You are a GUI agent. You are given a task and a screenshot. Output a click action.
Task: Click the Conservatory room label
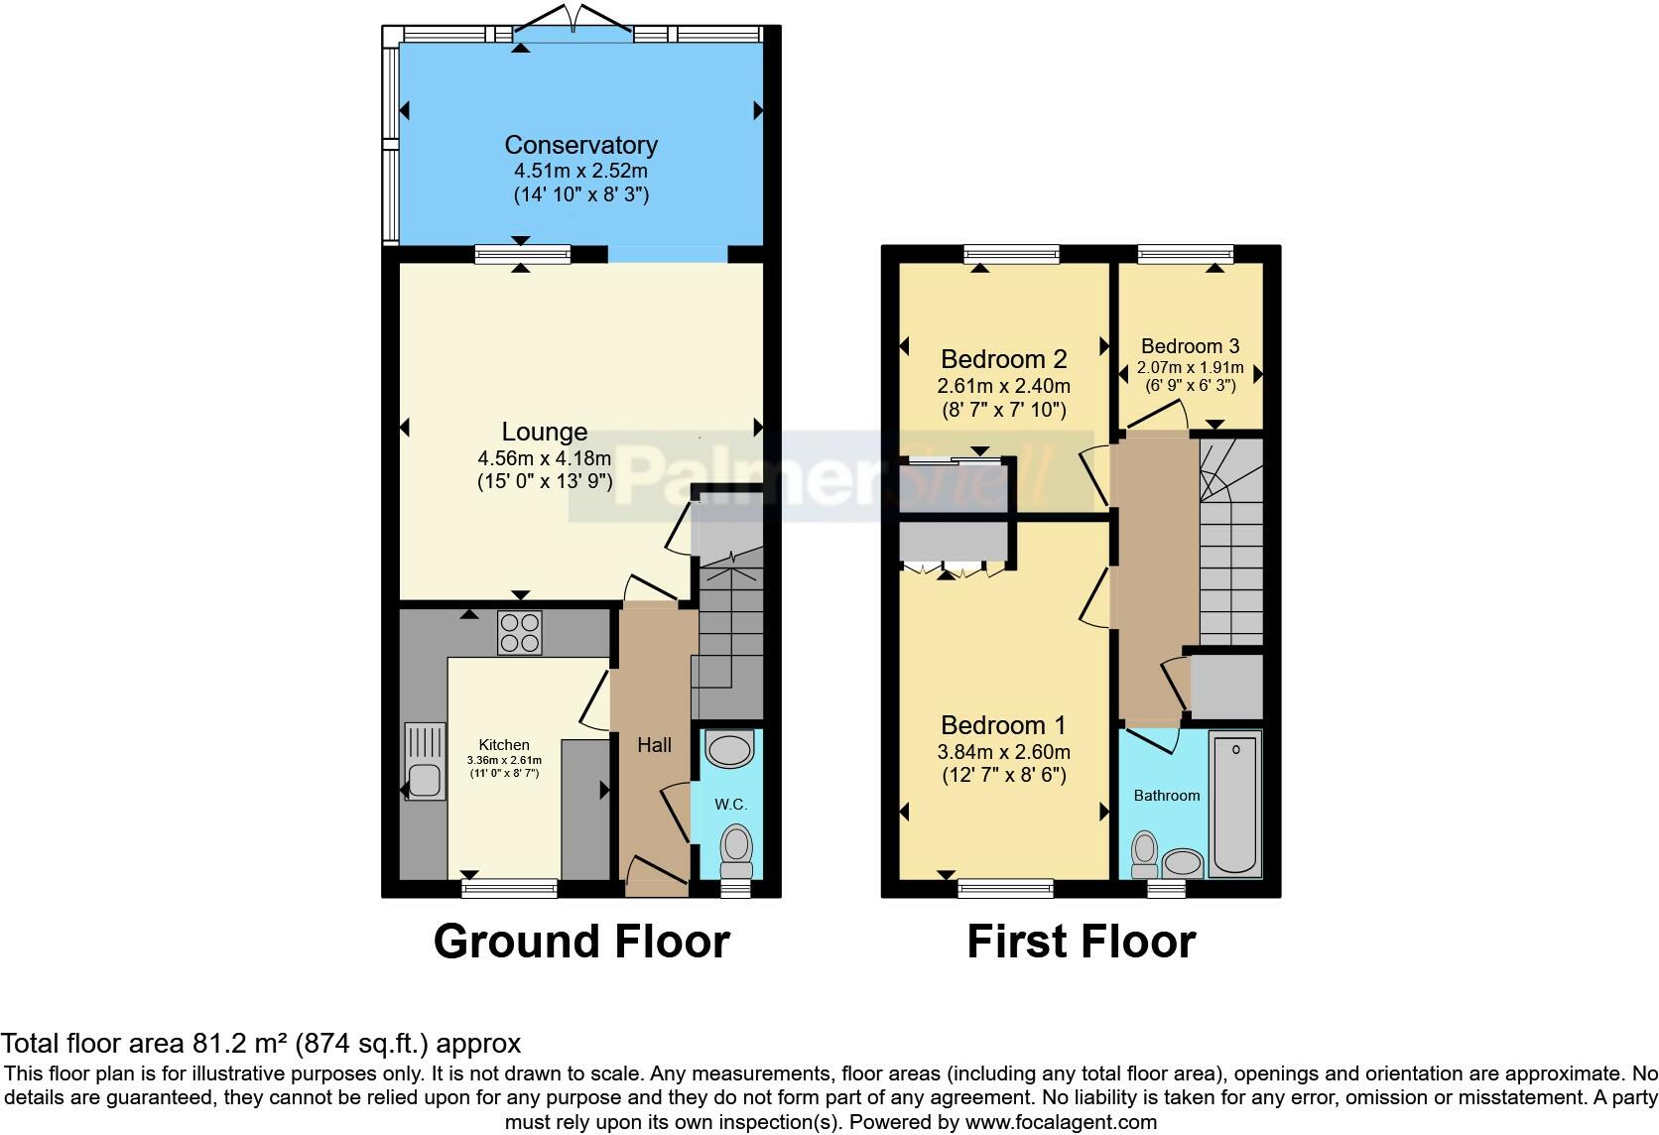[580, 145]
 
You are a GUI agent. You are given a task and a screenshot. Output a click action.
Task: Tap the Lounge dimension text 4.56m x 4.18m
[545, 458]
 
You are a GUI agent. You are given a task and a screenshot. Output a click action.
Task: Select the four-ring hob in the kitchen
[520, 633]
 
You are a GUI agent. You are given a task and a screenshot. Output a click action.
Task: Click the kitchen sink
[425, 761]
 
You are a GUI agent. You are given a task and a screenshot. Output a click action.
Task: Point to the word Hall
[655, 745]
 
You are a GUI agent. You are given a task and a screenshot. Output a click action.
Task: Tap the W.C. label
[730, 804]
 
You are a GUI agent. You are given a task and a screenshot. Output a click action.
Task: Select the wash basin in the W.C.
[729, 749]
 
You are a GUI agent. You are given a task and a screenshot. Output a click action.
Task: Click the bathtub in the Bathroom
[1235, 804]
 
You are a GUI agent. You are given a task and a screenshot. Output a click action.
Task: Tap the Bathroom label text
[1167, 795]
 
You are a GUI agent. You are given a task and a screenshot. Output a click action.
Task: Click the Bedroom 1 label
[1003, 725]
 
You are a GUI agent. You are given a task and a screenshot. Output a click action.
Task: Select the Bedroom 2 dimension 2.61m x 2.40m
[1003, 386]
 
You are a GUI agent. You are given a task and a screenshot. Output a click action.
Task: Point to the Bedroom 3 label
[1191, 345]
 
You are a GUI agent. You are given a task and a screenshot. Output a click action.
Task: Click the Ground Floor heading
[581, 942]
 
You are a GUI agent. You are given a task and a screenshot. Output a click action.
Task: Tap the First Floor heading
[1082, 942]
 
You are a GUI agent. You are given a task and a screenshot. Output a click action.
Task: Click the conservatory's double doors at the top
[574, 22]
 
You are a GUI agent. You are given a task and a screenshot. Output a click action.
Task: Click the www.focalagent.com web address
[1061, 1122]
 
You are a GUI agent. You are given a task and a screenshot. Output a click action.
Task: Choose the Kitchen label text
[504, 745]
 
